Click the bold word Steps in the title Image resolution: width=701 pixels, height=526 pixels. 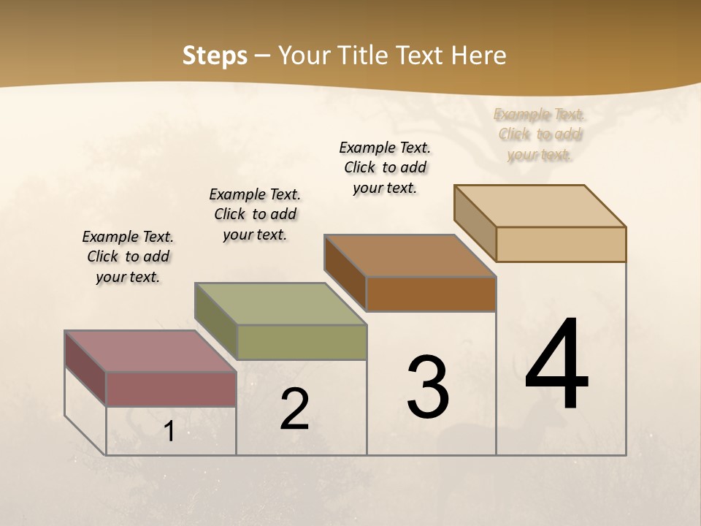coord(215,56)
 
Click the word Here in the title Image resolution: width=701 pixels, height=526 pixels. coord(479,56)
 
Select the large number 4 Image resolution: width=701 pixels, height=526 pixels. coord(556,365)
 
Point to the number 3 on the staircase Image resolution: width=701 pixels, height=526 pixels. coord(427,387)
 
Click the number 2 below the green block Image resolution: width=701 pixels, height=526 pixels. coord(294,409)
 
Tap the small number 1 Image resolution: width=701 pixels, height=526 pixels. coord(169,432)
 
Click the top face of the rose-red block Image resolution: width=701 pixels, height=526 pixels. coord(150,351)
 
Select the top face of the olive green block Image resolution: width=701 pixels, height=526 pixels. coord(280,304)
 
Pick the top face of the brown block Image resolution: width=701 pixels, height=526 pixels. coord(409,256)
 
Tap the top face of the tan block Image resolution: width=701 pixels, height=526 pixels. coord(540,206)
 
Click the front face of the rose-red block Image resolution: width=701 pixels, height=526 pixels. coord(171,389)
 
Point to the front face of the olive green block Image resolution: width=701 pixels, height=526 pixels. coord(302,342)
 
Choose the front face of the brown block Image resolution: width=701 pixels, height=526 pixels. coord(431,294)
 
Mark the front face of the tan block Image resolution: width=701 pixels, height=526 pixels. coord(561,244)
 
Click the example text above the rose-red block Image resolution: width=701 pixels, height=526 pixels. coord(128,256)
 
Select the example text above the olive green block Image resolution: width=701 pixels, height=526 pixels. coord(255,214)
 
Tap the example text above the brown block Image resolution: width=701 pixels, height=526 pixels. coord(385,167)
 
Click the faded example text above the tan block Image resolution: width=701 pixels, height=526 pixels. coord(540,134)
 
